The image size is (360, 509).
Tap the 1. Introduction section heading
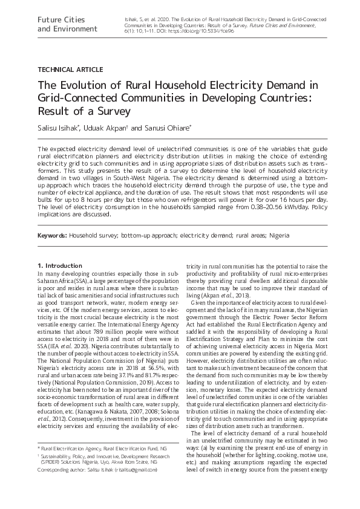click(59, 265)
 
